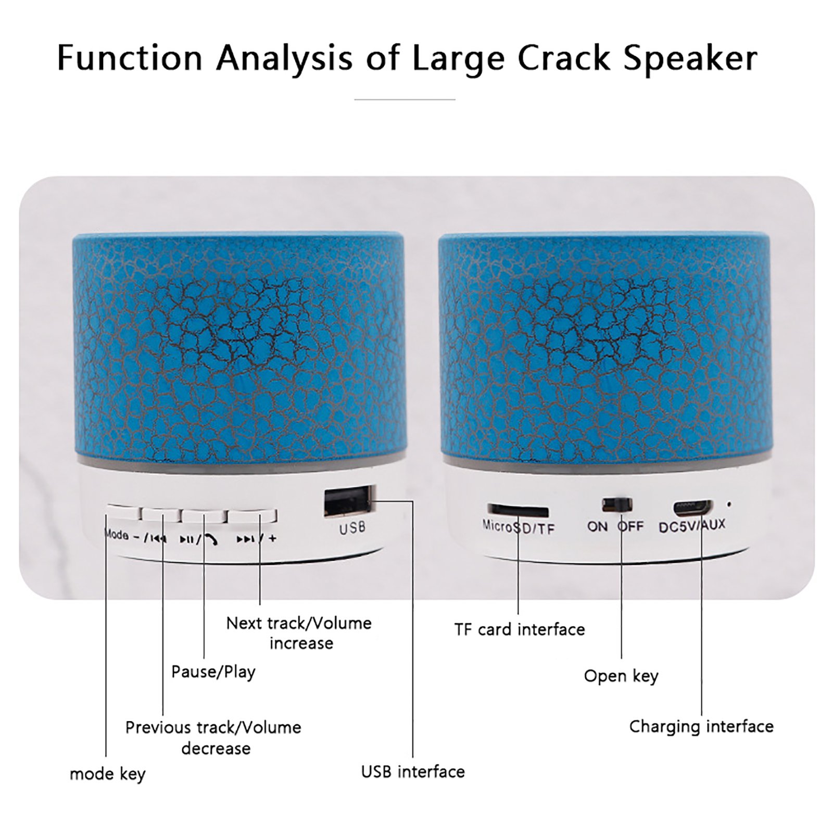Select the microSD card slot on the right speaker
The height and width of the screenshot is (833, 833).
pos(518,510)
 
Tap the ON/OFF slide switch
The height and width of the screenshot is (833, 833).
pos(617,505)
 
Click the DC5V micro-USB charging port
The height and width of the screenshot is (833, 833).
pos(693,507)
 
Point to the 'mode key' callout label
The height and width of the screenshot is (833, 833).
pos(108,774)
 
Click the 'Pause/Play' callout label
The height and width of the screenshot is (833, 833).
pos(213,672)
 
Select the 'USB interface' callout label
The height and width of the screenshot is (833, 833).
pos(413,772)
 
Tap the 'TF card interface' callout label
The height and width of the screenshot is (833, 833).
pos(520,629)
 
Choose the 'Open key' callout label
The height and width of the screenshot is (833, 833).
pos(621,676)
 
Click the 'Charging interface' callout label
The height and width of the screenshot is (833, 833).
pos(701,727)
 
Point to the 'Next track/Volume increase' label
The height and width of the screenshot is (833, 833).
pos(299,633)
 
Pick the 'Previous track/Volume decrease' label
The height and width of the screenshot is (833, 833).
pos(213,738)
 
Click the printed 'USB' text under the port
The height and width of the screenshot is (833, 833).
pos(352,528)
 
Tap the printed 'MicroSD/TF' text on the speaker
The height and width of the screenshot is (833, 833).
pos(519,527)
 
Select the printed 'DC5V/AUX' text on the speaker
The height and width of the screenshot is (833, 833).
pos(692,526)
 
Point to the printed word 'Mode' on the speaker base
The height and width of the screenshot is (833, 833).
pos(117,535)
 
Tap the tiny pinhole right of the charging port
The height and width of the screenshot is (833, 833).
pos(729,504)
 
